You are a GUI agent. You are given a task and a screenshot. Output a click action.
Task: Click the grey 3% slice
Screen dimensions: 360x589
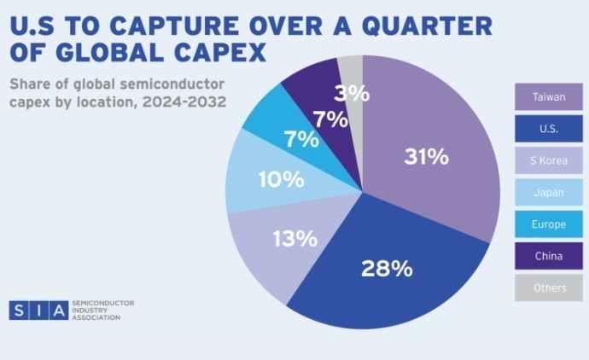pos(352,85)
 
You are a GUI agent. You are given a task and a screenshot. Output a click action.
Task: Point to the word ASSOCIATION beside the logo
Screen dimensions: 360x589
pos(96,317)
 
